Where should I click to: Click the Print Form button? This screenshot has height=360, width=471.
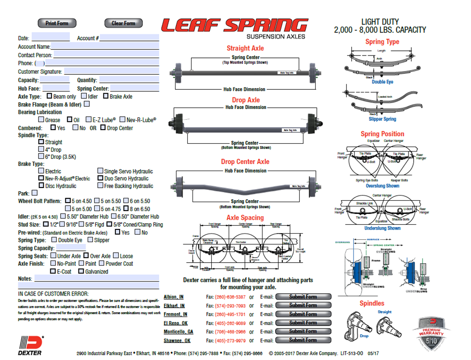(x=57, y=23)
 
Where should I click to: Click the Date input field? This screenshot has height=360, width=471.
(x=50, y=38)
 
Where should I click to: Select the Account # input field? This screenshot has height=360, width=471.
(x=129, y=38)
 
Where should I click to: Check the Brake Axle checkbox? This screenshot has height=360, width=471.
(x=106, y=96)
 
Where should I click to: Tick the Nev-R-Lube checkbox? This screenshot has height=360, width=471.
(x=123, y=120)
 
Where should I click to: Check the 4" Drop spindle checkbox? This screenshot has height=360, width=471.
(x=41, y=149)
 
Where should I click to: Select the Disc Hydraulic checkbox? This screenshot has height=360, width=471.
(x=41, y=186)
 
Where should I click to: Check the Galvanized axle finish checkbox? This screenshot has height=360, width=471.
(x=81, y=271)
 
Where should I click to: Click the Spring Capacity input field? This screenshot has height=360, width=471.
(x=71, y=248)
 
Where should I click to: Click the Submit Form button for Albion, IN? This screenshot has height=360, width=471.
(x=303, y=297)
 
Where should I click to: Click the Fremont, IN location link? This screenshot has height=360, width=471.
(x=175, y=314)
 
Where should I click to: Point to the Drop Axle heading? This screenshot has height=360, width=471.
(x=246, y=100)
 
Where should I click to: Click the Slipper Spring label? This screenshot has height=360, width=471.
(x=382, y=119)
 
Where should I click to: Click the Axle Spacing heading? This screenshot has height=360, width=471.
(x=245, y=218)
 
